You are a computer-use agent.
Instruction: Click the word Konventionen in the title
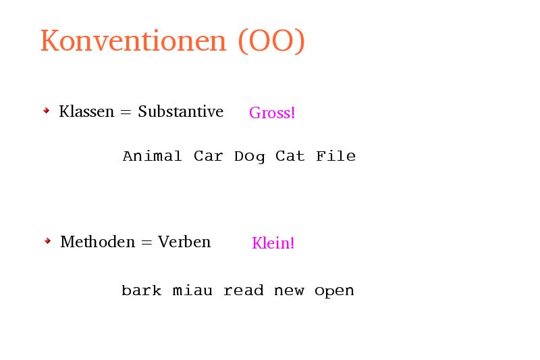(x=133, y=41)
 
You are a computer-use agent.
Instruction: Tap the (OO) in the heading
(x=272, y=41)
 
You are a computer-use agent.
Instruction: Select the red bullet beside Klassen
(x=47, y=111)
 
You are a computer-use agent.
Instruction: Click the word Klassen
(x=86, y=111)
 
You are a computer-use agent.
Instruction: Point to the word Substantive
(x=181, y=111)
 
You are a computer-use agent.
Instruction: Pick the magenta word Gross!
(x=272, y=113)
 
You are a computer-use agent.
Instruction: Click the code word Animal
(x=153, y=156)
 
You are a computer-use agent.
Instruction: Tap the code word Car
(x=209, y=156)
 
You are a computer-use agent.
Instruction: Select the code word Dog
(x=250, y=157)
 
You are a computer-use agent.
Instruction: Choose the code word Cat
(x=290, y=156)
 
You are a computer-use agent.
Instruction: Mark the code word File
(x=335, y=156)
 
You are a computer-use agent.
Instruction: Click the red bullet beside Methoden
(x=48, y=241)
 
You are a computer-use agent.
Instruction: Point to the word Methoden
(x=98, y=242)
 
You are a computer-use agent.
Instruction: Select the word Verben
(x=184, y=242)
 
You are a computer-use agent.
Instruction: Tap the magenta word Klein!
(x=273, y=243)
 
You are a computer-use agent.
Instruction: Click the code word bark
(x=142, y=290)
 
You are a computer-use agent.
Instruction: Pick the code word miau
(x=192, y=290)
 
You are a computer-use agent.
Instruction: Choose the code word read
(x=244, y=290)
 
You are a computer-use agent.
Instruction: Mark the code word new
(x=289, y=291)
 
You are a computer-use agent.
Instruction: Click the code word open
(x=334, y=292)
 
